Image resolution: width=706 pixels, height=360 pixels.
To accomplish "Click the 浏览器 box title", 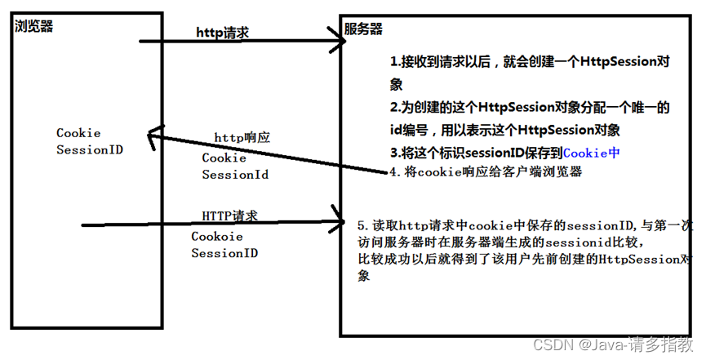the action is point(33,25).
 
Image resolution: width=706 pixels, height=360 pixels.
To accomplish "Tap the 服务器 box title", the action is point(363,29).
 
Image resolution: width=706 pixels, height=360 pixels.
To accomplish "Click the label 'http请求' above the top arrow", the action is point(222,33).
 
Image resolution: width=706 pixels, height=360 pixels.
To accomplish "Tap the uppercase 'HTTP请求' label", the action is point(229,216).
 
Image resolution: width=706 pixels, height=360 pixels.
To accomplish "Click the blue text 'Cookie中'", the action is point(592,152).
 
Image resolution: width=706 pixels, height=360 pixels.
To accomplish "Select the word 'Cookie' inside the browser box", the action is point(78,132).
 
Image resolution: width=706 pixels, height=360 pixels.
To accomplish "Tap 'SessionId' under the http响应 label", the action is point(235,174).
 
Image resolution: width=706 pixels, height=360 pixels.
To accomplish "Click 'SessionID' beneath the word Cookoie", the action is point(224,253).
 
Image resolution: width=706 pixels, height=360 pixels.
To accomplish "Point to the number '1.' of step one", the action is point(395,62).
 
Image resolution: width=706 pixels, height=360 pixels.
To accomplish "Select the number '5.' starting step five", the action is point(364,224).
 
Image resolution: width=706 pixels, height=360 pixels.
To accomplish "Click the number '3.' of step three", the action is point(395,152).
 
